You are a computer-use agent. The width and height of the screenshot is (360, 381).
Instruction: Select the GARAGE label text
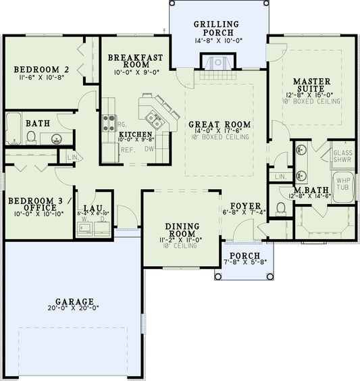pos(75,301)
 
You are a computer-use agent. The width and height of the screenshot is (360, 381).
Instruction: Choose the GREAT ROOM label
pos(219,124)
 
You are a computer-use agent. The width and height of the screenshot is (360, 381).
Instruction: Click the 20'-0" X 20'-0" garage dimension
pos(75,308)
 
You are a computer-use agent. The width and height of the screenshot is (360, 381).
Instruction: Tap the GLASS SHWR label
pos(342,157)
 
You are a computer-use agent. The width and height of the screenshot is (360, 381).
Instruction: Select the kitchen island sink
pos(157,122)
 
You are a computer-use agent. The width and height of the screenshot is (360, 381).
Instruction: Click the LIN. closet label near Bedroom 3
pos(74,158)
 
